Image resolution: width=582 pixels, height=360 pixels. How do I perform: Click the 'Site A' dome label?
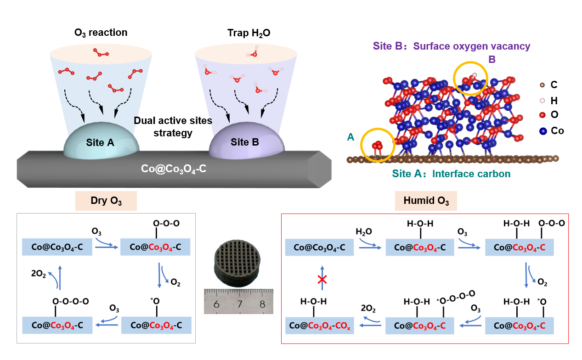tap(100, 143)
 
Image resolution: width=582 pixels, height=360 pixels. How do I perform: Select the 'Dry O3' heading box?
tap(106, 201)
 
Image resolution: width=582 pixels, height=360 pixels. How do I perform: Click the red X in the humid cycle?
tap(322, 280)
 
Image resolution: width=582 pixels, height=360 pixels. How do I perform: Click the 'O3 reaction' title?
tap(101, 33)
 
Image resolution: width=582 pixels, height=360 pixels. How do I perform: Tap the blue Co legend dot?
tap(543, 130)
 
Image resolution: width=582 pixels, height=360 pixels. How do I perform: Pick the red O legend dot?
tap(542, 115)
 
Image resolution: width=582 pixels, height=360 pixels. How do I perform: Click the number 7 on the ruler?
tap(239, 304)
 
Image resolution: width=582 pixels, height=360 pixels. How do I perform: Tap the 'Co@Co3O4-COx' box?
tap(320, 325)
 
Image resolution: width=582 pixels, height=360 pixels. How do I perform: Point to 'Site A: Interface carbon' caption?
tap(451, 174)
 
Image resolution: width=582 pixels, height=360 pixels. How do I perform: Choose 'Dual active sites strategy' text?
tap(173, 127)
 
